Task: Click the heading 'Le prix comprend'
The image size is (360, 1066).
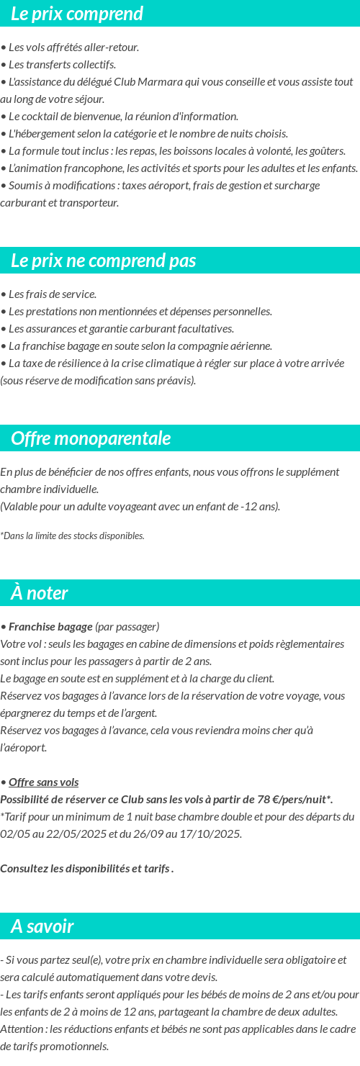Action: (77, 14)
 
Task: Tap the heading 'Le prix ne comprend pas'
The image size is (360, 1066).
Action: (104, 261)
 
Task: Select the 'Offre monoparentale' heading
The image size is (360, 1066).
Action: (91, 438)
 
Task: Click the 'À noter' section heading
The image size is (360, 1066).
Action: (40, 593)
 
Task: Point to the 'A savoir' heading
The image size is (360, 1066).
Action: (42, 926)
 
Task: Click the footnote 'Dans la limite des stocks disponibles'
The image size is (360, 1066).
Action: (73, 536)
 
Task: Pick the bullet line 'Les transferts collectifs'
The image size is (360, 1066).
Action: (62, 65)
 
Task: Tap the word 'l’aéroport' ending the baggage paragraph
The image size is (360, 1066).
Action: (24, 748)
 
